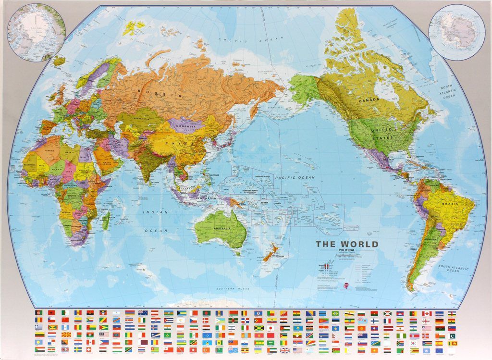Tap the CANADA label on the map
(x=369, y=99)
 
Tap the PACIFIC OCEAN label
(x=295, y=178)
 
